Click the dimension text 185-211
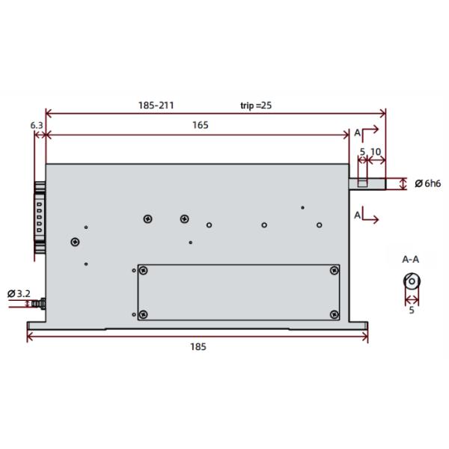(x=156, y=106)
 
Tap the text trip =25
(x=256, y=106)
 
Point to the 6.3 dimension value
(x=37, y=125)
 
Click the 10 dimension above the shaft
(x=376, y=152)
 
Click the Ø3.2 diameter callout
(x=18, y=293)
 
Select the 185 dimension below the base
(x=198, y=346)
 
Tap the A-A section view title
(x=411, y=260)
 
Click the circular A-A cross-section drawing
(x=411, y=282)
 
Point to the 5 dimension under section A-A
(x=411, y=310)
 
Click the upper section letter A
(x=357, y=132)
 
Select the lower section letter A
(x=357, y=216)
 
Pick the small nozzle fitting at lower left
(x=40, y=303)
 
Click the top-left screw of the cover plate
(x=144, y=271)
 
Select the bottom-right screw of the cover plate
(x=334, y=314)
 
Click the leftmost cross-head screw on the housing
(x=74, y=241)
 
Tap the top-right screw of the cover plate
(x=334, y=271)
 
